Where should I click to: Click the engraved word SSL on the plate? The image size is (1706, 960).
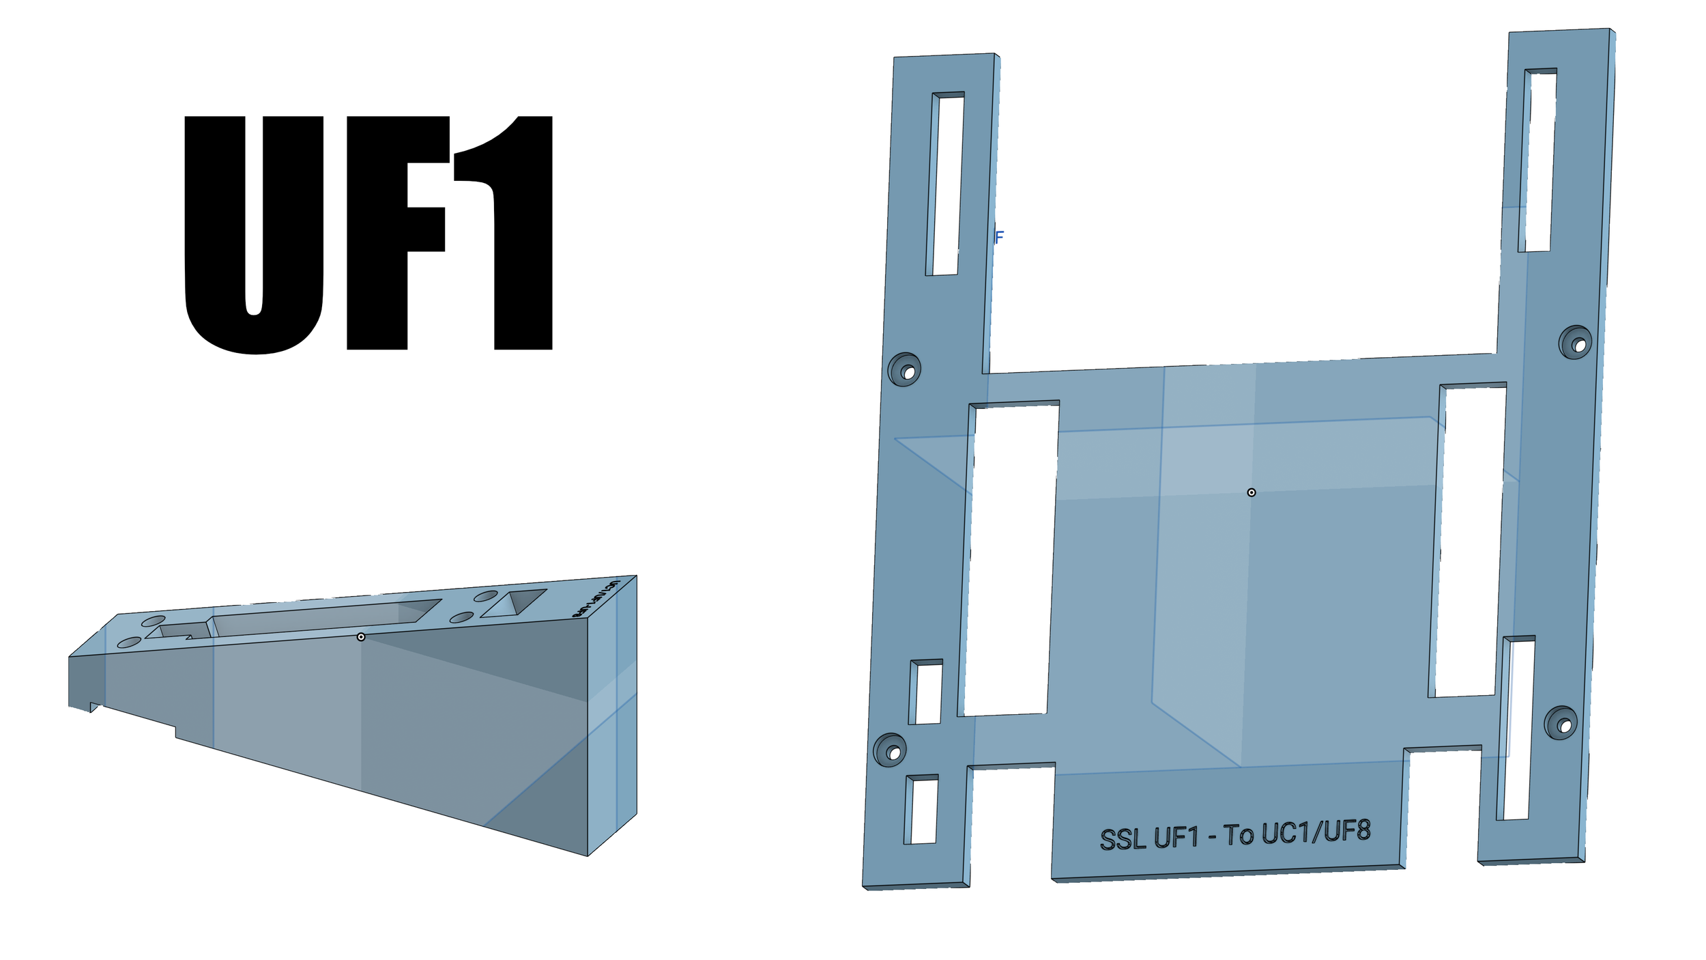pyautogui.click(x=1122, y=839)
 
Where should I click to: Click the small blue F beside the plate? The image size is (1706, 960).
pyautogui.click(x=999, y=237)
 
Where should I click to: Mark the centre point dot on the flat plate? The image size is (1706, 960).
pyautogui.click(x=1252, y=492)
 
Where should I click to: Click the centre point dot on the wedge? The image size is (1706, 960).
pyautogui.click(x=361, y=637)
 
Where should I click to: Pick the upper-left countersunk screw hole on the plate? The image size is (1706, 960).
pyautogui.click(x=905, y=370)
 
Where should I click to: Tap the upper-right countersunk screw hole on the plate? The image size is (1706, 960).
pyautogui.click(x=1576, y=343)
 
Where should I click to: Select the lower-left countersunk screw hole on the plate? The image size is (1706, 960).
pyautogui.click(x=891, y=750)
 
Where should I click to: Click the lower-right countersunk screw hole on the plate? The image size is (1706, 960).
pyautogui.click(x=1561, y=723)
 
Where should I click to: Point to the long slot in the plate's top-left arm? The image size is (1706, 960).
pyautogui.click(x=945, y=184)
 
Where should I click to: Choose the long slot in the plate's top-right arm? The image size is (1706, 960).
pyautogui.click(x=1537, y=160)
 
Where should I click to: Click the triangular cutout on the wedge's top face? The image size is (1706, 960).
pyautogui.click(x=515, y=603)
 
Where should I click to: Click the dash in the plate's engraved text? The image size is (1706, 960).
pyautogui.click(x=1212, y=836)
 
